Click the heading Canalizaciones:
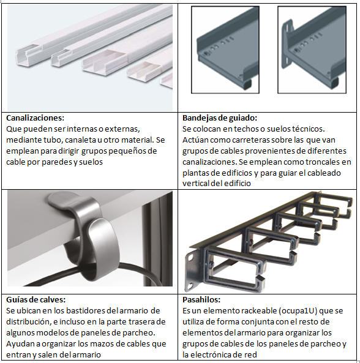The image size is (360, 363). (x=35, y=118)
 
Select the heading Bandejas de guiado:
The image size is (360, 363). (x=220, y=118)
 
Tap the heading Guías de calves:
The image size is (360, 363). (x=36, y=299)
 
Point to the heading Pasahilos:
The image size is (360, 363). (x=201, y=299)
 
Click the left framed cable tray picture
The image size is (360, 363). (x=225, y=50)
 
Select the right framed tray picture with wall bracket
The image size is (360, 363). (x=312, y=50)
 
